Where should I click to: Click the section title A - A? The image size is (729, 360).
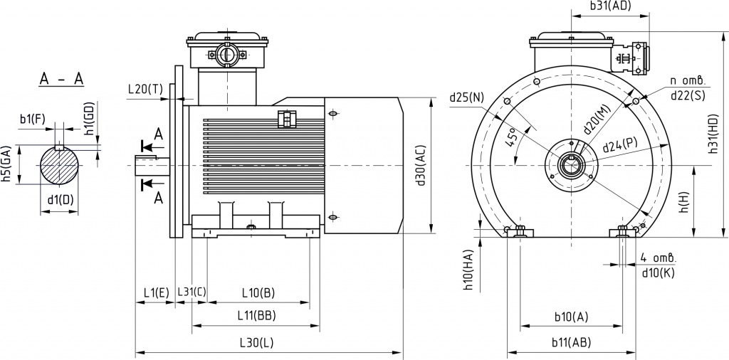[x=61, y=80]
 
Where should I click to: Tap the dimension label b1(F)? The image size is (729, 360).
[x=33, y=119]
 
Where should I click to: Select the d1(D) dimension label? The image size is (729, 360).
[x=61, y=200]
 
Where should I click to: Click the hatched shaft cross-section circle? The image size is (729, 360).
[x=60, y=165]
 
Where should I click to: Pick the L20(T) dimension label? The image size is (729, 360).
[x=145, y=89]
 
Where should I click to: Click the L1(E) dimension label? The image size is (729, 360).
[x=156, y=292]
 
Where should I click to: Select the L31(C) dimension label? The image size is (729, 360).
[x=192, y=292]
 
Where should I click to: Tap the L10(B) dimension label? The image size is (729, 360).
[x=258, y=292]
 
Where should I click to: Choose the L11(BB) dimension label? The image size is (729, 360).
[x=256, y=316]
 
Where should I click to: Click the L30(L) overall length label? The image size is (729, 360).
[x=256, y=344]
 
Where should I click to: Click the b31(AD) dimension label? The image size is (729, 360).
[x=609, y=6]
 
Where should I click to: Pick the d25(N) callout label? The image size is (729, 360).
[x=466, y=97]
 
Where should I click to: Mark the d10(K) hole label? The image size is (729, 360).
[x=659, y=273]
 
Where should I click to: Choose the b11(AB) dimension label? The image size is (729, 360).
[x=572, y=343]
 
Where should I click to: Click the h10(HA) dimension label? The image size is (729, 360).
[x=468, y=270]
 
